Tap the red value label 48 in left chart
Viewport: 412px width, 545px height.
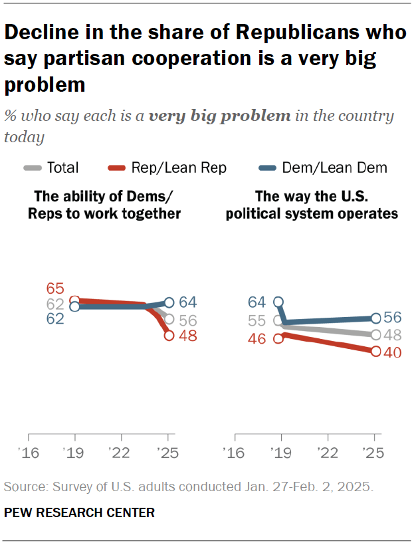188,336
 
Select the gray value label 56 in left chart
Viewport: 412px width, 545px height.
188,320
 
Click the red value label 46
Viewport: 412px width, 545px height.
257,338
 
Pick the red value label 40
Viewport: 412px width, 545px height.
393,352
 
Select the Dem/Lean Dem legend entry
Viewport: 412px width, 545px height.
334,167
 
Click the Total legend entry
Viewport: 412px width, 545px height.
62,167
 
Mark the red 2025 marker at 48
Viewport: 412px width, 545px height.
169,336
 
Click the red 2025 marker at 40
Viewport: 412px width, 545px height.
375,352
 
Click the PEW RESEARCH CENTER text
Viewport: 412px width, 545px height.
79,512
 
